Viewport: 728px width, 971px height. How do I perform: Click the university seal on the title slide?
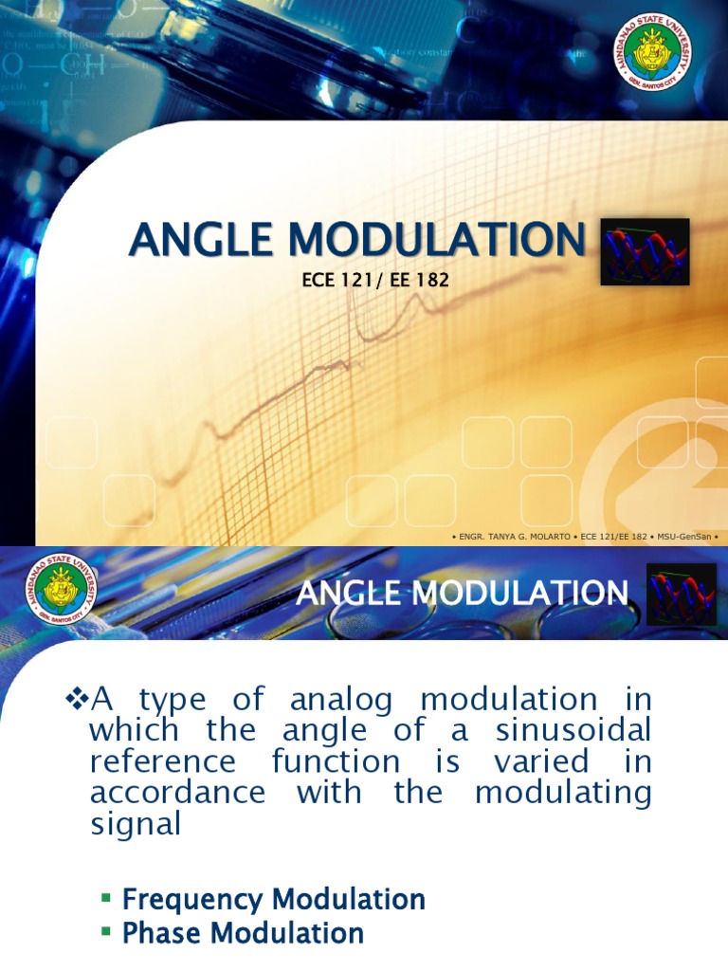[x=654, y=53]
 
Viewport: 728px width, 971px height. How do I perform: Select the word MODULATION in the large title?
[x=439, y=239]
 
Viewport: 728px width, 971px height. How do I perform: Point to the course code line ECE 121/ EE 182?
[x=361, y=281]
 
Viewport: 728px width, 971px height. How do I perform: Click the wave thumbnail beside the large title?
[x=646, y=252]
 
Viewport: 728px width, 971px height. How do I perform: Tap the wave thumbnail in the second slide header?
[x=675, y=594]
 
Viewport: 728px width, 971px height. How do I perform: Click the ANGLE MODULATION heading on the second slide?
[x=462, y=595]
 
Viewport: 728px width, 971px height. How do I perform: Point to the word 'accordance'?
[x=178, y=793]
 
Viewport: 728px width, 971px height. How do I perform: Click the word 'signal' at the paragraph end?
[x=135, y=823]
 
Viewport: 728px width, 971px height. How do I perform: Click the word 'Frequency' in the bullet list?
[x=193, y=899]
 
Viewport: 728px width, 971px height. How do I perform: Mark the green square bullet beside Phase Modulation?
[x=106, y=933]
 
